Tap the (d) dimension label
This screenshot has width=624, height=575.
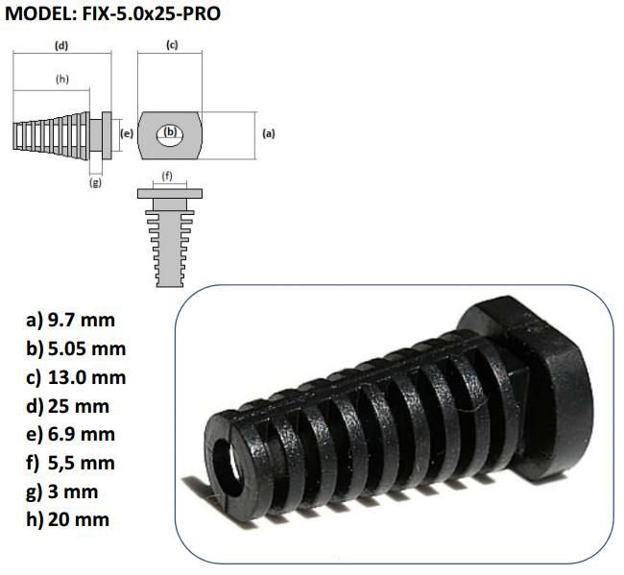[x=60, y=46]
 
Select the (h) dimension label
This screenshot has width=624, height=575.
[x=62, y=79]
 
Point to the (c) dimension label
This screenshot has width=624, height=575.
[x=172, y=46]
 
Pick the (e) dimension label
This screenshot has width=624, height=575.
[x=125, y=133]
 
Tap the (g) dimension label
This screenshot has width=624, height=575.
[x=95, y=182]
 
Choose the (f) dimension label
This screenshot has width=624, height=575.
[x=168, y=175]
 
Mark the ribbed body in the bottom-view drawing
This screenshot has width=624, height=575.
[x=169, y=245]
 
